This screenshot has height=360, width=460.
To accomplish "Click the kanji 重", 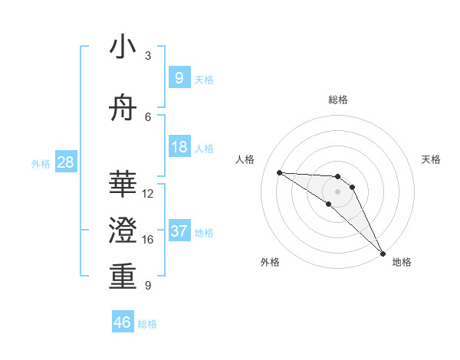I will coord(123,277).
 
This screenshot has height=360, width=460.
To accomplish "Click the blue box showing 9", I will coord(179,77).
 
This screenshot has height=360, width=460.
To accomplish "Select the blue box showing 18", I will coord(179,147).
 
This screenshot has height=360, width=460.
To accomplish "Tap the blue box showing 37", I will coord(179,231).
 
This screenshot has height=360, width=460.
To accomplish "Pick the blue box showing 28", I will coord(65,162).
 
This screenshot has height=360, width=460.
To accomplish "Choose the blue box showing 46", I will coord(123,322).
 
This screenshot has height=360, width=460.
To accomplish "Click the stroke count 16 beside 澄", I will coord(148,240).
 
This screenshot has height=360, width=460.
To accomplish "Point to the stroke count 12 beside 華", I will coord(148,194).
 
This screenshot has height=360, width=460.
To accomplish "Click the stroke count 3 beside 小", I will coord(148,56).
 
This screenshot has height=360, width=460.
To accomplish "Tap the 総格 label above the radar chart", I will coord(338,100).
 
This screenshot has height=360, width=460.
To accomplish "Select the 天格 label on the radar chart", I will coord(432,159).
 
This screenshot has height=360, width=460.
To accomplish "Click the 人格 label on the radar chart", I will coord(245,159).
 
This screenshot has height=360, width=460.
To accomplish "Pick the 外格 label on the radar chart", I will coord(270,262).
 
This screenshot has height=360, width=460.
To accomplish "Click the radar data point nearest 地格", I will coord(383,252).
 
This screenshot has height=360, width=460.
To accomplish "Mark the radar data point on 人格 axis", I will coord(280,172).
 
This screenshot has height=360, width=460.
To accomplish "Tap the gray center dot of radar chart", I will coord(338,191).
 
